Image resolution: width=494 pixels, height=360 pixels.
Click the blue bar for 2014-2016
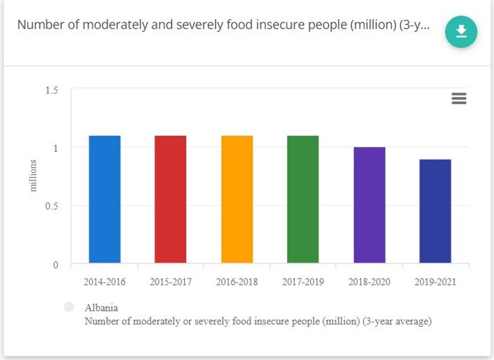pos(105,199)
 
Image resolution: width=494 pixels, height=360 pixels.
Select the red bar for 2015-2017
pos(170,199)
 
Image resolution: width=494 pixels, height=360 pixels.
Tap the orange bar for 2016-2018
pos(237,199)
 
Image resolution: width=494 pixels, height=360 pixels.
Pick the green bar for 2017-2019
pos(303,199)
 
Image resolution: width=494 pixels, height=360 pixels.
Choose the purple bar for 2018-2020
pos(369,205)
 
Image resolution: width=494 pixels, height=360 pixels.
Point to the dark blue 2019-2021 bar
pos(435,211)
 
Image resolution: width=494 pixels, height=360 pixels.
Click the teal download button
pos(461,32)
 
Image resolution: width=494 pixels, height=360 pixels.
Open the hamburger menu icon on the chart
pos(459,98)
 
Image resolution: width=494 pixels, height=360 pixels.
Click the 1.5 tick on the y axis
pos(52,90)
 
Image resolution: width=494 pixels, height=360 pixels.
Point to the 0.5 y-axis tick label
pos(52,206)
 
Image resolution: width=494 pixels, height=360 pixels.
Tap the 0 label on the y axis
pos(55,265)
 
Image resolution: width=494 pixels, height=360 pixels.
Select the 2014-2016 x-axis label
pos(104,282)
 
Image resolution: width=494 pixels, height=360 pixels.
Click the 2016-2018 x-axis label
pos(237,282)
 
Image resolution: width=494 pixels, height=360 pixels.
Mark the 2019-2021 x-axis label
pos(435,282)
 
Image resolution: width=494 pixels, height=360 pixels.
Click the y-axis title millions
pos(34,176)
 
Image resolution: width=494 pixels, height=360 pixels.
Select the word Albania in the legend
pos(101,308)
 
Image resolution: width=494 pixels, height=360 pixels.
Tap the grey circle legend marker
pos(69,307)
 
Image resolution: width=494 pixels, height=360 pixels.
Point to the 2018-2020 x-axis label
pos(369,282)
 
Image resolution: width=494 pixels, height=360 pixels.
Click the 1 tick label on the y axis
pos(55,148)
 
